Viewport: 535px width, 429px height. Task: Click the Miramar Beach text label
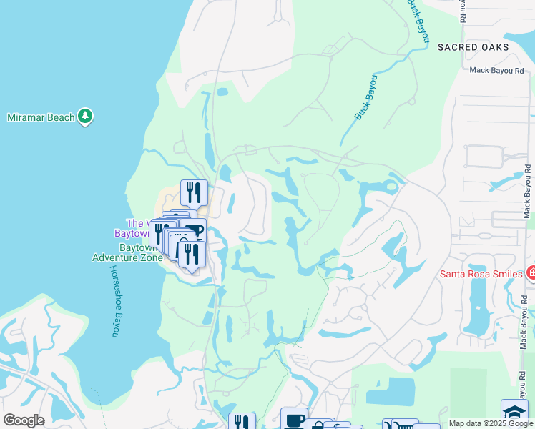(41, 117)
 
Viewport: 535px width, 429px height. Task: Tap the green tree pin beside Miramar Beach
(86, 117)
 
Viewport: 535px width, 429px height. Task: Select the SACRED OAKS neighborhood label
(473, 48)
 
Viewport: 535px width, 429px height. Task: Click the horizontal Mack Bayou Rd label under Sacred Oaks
(496, 70)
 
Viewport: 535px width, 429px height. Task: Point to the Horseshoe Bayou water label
(113, 301)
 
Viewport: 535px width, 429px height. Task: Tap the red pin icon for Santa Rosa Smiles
(531, 272)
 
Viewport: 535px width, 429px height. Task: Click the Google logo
(24, 420)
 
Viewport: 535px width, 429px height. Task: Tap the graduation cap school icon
(514, 413)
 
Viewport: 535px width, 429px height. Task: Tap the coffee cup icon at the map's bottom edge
(294, 420)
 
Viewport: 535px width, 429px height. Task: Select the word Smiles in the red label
(505, 272)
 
